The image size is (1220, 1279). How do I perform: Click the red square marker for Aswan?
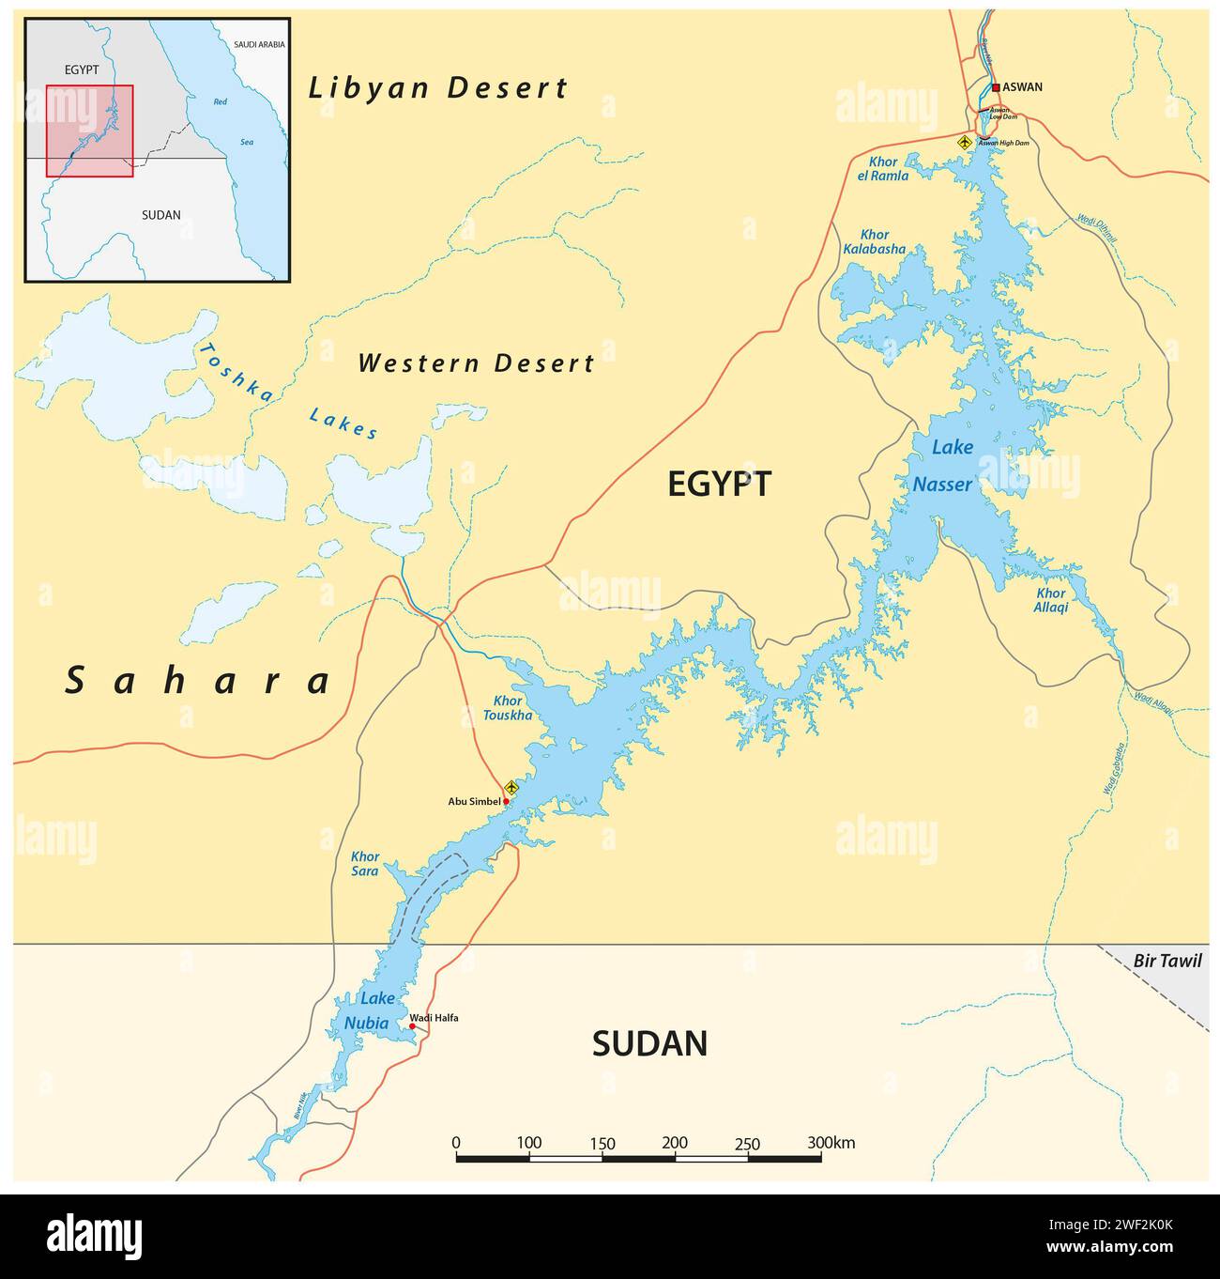coord(996,87)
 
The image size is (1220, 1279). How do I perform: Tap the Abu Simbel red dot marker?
coord(506,801)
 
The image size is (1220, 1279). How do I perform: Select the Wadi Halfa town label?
coord(434,1018)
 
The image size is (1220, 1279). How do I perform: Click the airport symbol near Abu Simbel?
coord(511,787)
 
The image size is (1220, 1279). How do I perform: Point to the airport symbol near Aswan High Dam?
coord(964,142)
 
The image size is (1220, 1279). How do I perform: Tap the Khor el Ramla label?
coord(882,169)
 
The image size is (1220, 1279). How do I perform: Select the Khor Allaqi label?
coord(1051,600)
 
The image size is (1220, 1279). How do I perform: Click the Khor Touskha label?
coord(508,708)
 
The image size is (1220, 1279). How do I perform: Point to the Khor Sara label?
coord(365,864)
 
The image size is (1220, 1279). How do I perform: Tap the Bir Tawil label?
coord(1167,961)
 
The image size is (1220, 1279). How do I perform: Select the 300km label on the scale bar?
coord(831,1143)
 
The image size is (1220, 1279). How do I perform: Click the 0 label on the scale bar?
coord(456,1143)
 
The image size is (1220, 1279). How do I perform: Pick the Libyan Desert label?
coord(438,88)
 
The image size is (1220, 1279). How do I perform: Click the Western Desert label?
coord(476,363)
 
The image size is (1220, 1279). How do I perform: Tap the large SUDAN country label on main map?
coord(649,1043)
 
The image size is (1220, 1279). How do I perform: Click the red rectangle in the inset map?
coord(90,131)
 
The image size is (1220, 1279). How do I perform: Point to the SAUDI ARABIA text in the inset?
coord(258,44)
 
